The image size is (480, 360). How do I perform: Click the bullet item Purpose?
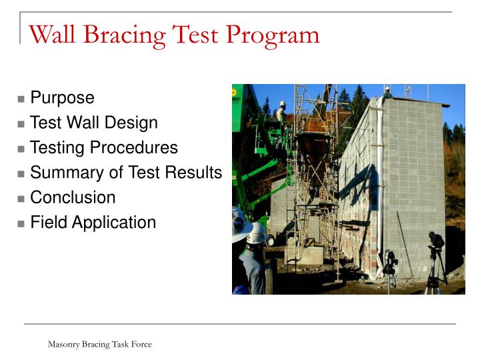tap(62, 98)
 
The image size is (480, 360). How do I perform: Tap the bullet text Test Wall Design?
tap(94, 123)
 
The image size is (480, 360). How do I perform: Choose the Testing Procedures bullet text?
tap(104, 147)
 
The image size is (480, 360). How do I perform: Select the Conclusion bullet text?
tap(73, 197)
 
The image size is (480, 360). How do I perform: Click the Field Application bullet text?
tap(93, 223)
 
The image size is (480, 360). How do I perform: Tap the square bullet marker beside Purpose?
tap(21, 99)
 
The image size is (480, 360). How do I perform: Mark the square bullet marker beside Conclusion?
tap(21, 199)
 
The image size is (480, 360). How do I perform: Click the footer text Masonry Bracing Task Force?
tap(99, 344)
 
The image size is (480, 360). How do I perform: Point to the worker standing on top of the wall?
tap(387, 92)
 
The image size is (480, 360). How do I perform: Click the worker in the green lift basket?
tap(282, 112)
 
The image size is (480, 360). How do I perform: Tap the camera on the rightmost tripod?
tap(436, 240)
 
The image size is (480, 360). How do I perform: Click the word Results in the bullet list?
tap(197, 173)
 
